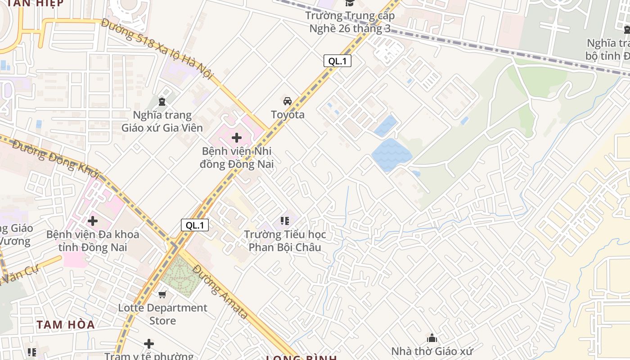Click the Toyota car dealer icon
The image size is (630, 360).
click(287, 101)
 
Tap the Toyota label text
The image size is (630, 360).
click(288, 115)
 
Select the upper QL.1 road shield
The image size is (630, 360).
click(337, 61)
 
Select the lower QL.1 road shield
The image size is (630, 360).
click(195, 225)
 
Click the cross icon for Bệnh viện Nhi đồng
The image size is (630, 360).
click(237, 138)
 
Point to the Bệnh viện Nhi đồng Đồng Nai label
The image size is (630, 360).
click(237, 157)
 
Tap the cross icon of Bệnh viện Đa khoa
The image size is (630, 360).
click(93, 221)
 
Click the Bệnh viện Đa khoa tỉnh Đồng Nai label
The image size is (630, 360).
click(93, 241)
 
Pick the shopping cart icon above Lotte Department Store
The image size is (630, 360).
click(162, 294)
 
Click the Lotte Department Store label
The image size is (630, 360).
click(162, 314)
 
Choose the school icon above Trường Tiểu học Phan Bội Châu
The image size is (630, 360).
click(284, 220)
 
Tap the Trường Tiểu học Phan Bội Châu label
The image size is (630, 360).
click(285, 241)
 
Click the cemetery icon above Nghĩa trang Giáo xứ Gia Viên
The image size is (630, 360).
click(162, 101)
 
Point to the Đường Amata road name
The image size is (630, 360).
click(220, 292)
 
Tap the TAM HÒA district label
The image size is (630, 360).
click(66, 324)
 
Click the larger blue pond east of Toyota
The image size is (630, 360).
click(391, 154)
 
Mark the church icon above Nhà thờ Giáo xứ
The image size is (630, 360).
click(432, 338)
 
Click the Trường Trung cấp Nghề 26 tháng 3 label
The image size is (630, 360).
click(350, 22)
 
